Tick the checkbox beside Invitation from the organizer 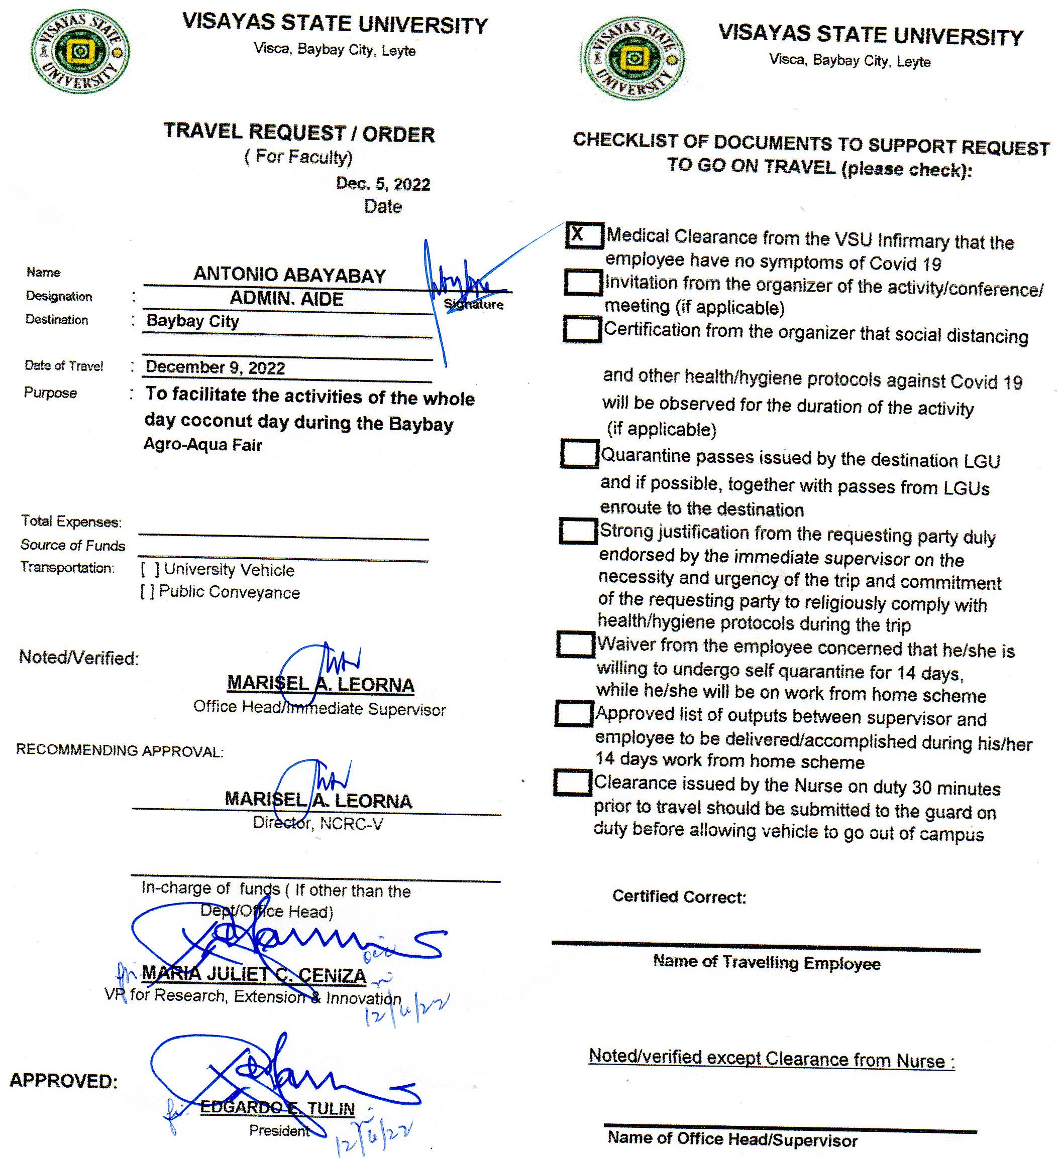pos(583,282)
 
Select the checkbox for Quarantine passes pos(579,454)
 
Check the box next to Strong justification pos(578,531)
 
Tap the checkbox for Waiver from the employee pos(575,644)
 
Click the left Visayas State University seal pos(80,52)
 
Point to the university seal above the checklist pos(633,59)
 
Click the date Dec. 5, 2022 pos(383,184)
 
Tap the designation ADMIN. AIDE pos(286,298)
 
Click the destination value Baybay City pos(193,321)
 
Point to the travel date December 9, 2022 pos(215,367)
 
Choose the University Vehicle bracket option pos(150,569)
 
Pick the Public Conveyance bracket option pos(147,592)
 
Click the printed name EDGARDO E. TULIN pos(277,1107)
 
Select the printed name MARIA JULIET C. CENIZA pos(254,974)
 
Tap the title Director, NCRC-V pos(318,824)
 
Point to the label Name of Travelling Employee pos(766,962)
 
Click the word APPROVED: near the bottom pos(63,1081)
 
